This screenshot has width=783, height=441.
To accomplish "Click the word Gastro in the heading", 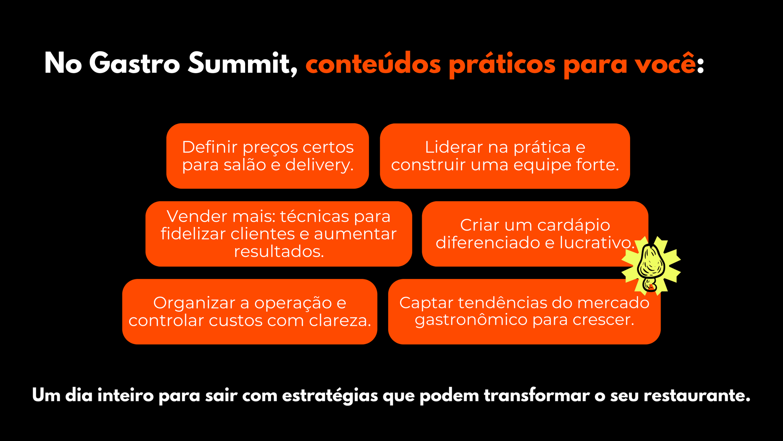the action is pyautogui.click(x=134, y=63).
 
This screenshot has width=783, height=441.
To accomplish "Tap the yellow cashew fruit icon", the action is pyautogui.click(x=651, y=265).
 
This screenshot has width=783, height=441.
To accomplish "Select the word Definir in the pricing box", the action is pyautogui.click(x=210, y=147).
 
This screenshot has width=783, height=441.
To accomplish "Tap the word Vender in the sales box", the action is pyautogui.click(x=197, y=216).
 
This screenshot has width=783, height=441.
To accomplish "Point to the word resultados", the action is pyautogui.click(x=279, y=252).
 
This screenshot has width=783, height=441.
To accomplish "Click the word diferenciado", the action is pyautogui.click(x=488, y=243).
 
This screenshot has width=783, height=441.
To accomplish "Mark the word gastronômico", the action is pyautogui.click(x=471, y=320).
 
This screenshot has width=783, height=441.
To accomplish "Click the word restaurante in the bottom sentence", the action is pyautogui.click(x=697, y=395).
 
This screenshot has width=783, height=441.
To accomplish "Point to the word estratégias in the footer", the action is pyautogui.click(x=330, y=396).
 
